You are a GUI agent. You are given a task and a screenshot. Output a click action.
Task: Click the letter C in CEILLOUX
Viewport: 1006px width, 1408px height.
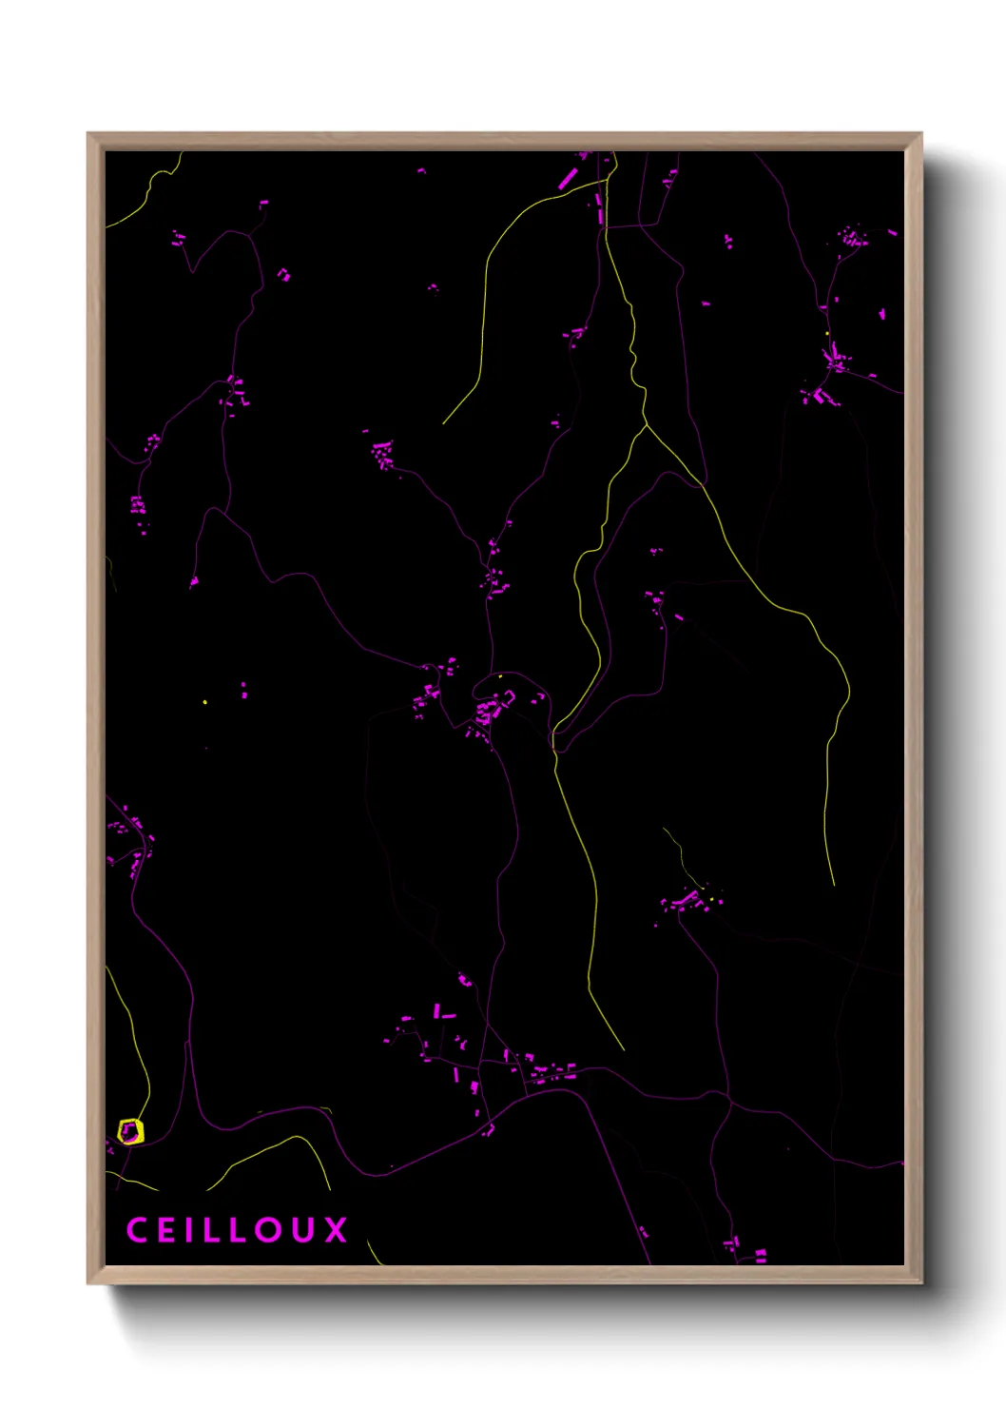pos(137,1230)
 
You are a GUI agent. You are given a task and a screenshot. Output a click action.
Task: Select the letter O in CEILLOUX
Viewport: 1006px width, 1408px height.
pos(268,1230)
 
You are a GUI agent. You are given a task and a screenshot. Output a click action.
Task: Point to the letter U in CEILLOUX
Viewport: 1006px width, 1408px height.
pos(302,1230)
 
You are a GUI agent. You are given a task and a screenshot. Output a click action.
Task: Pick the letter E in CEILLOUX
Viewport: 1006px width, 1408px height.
pos(166,1230)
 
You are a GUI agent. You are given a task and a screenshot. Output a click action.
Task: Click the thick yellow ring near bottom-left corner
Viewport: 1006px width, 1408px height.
pos(130,1131)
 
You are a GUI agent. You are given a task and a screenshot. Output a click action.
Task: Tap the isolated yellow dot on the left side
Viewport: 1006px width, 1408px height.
pos(204,702)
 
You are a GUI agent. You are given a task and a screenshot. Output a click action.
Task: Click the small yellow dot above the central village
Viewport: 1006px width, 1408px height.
pos(500,676)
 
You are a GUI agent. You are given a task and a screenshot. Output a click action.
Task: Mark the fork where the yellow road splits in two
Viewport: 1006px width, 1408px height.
pos(647,425)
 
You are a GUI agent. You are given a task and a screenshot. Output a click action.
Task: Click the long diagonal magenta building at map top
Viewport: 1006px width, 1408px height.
pos(568,178)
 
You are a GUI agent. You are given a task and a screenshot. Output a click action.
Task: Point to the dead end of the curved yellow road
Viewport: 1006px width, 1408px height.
pos(443,423)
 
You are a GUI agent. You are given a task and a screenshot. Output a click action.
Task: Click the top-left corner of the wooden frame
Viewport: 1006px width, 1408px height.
pos(88,134)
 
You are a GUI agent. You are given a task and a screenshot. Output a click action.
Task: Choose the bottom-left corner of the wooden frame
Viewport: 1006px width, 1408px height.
pos(88,1282)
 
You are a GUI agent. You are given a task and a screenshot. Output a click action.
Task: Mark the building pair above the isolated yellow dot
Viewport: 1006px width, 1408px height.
pos(243,690)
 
